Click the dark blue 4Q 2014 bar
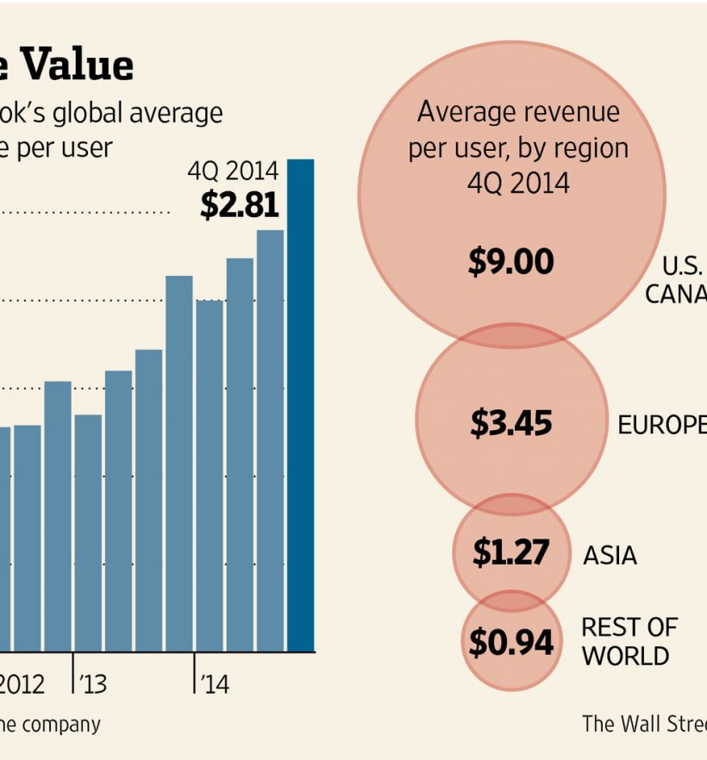(301, 405)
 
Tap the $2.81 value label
(240, 205)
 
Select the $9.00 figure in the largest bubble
(510, 262)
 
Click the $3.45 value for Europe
(510, 423)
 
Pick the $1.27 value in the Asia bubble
(510, 553)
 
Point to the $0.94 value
(510, 642)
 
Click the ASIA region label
(610, 555)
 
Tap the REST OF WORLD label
(629, 641)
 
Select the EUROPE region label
(660, 425)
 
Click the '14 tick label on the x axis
(213, 684)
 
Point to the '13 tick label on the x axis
(91, 684)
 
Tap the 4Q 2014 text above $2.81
(233, 171)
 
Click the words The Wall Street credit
(643, 724)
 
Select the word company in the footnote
(61, 725)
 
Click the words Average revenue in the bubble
(518, 112)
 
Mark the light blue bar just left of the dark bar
(271, 440)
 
